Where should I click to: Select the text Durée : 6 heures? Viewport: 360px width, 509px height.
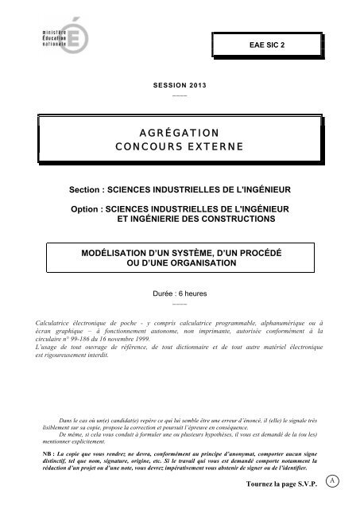(179, 293)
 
